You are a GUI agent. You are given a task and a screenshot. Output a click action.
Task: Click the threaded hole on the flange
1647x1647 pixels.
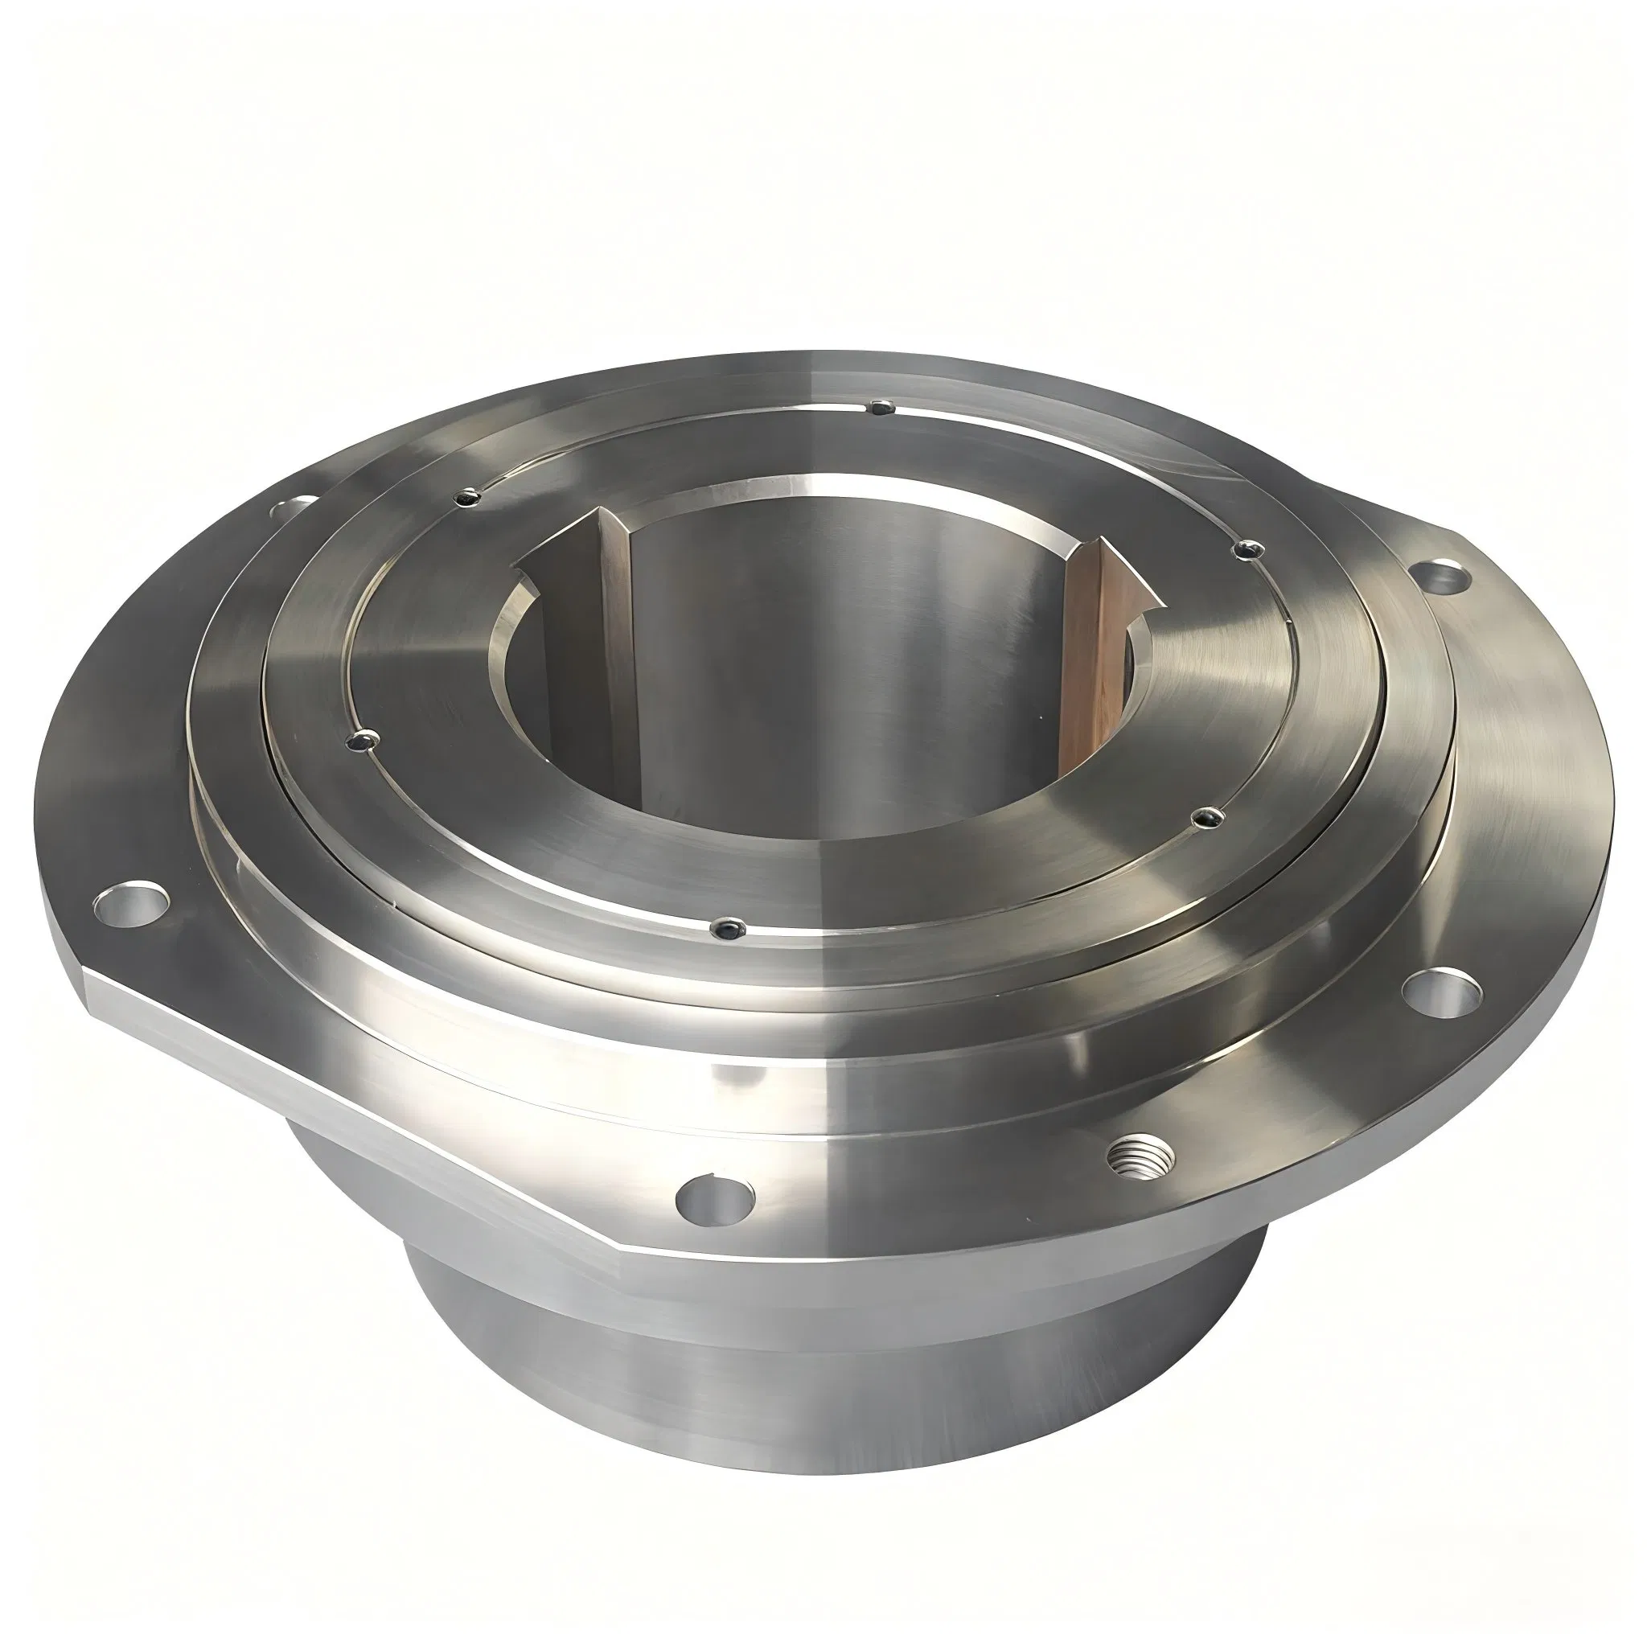(1140, 1156)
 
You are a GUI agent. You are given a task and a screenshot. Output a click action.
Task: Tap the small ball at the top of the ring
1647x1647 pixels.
(879, 409)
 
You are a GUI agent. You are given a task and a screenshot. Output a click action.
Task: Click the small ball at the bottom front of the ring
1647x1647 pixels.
(725, 926)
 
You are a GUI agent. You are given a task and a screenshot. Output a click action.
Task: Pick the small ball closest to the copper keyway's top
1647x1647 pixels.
(1247, 550)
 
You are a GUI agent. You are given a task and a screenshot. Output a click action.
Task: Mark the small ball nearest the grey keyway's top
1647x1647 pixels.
(468, 497)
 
